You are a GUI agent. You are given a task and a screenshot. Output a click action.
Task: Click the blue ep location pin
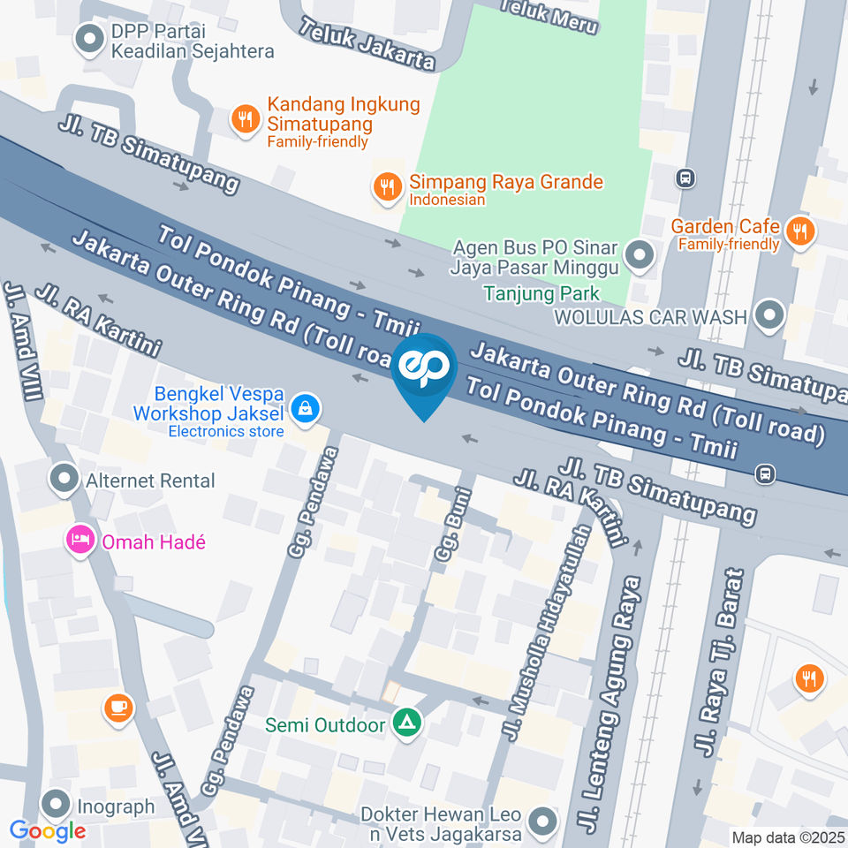coord(424,371)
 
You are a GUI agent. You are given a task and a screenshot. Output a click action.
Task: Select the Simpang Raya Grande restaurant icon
coord(386,186)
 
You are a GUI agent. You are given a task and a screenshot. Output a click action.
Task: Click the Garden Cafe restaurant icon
coord(800,231)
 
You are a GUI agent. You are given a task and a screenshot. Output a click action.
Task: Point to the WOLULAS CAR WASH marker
coord(770,315)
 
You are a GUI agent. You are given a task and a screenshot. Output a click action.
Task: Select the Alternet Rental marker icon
coord(64,481)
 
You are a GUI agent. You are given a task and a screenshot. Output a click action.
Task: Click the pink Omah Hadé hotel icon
coord(80,541)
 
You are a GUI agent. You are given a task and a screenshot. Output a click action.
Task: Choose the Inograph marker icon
coord(57,805)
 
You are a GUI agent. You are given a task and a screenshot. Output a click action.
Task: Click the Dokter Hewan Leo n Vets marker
coord(541,822)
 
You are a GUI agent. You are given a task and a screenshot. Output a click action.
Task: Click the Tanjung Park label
coord(541,293)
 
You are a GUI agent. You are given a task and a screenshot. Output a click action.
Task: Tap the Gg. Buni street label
coord(449,526)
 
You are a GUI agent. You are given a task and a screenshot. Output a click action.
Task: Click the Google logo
coord(48,830)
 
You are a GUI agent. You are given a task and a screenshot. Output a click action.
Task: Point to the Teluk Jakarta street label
coord(367,44)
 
